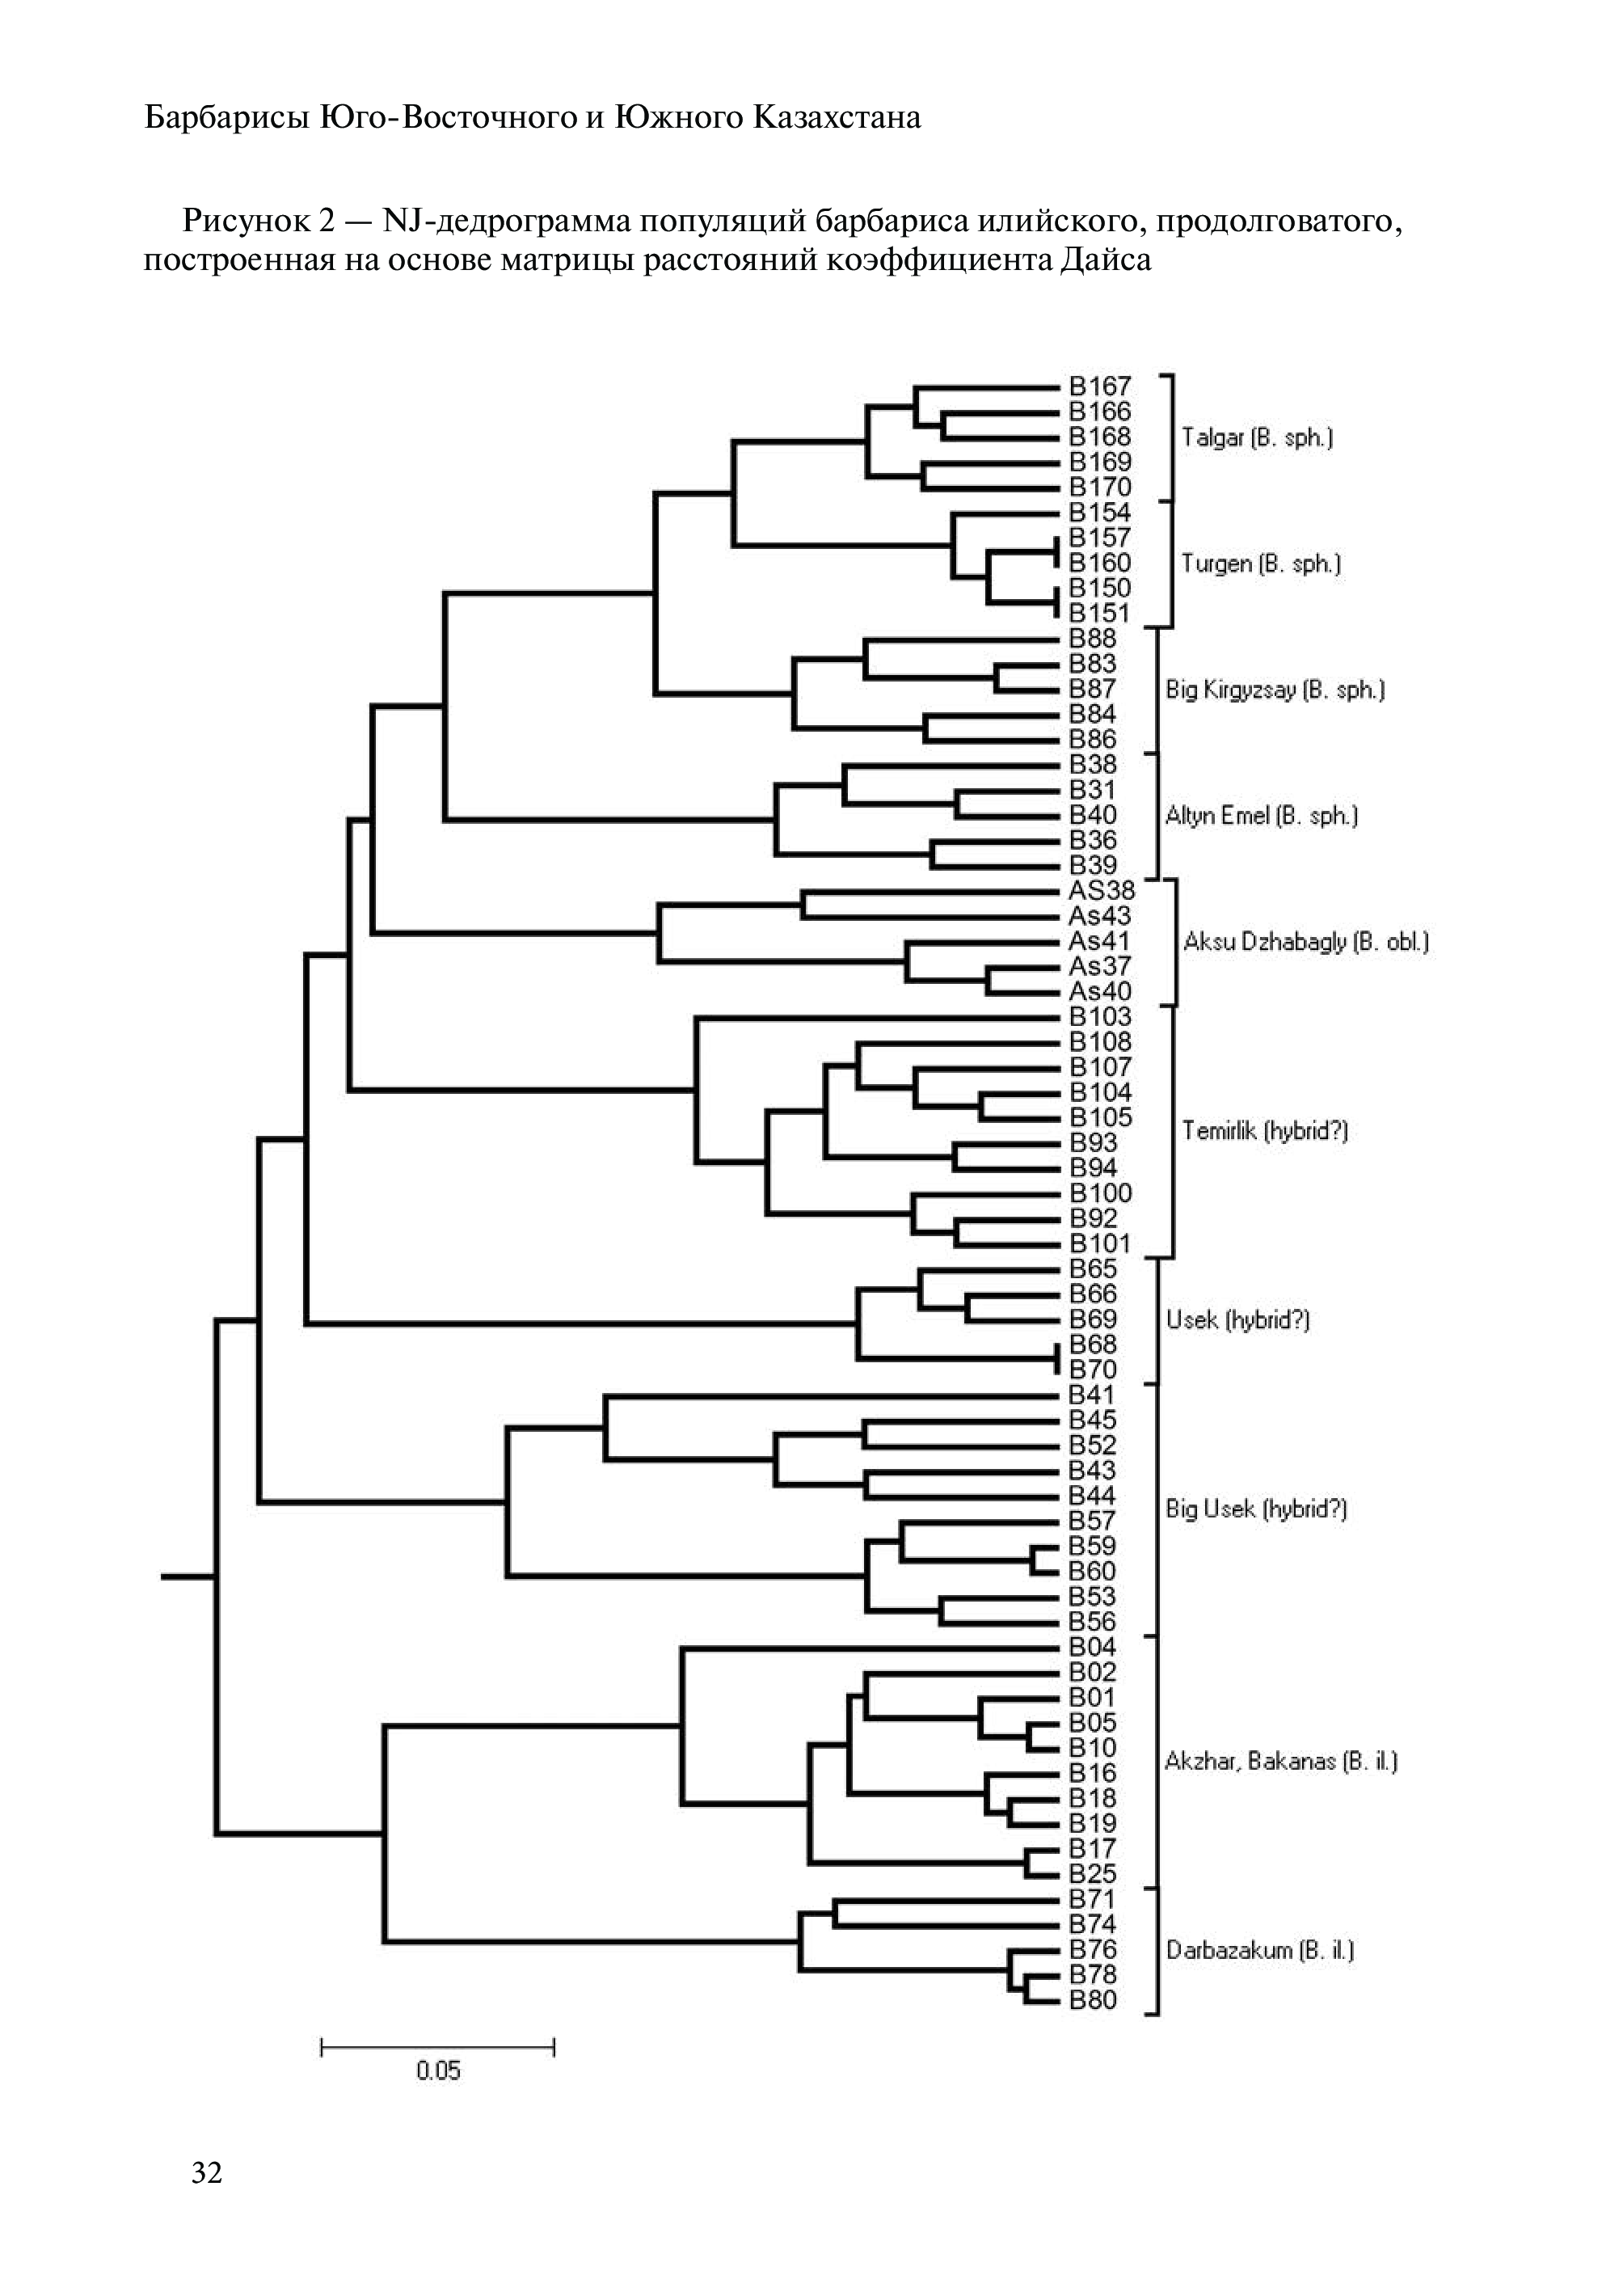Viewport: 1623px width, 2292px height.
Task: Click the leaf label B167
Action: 1099,386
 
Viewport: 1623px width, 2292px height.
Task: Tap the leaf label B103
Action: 1099,1016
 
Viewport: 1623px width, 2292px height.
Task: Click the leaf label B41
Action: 1091,1395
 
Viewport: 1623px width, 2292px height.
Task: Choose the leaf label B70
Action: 1092,1370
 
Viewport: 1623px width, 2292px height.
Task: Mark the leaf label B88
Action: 1092,638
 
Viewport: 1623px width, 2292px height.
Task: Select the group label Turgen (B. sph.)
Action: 1260,564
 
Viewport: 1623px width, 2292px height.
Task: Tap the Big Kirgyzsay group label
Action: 1274,690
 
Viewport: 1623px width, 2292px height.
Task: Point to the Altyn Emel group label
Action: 1261,816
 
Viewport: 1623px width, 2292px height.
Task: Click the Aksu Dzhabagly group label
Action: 1305,942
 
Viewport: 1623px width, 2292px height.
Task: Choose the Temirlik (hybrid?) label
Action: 1264,1130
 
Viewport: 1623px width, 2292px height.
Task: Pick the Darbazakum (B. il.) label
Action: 1259,1950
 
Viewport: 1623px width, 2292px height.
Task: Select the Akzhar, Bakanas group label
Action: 1280,1761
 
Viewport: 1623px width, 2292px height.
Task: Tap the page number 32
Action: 207,2172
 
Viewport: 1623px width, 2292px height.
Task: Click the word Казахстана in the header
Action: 837,118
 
